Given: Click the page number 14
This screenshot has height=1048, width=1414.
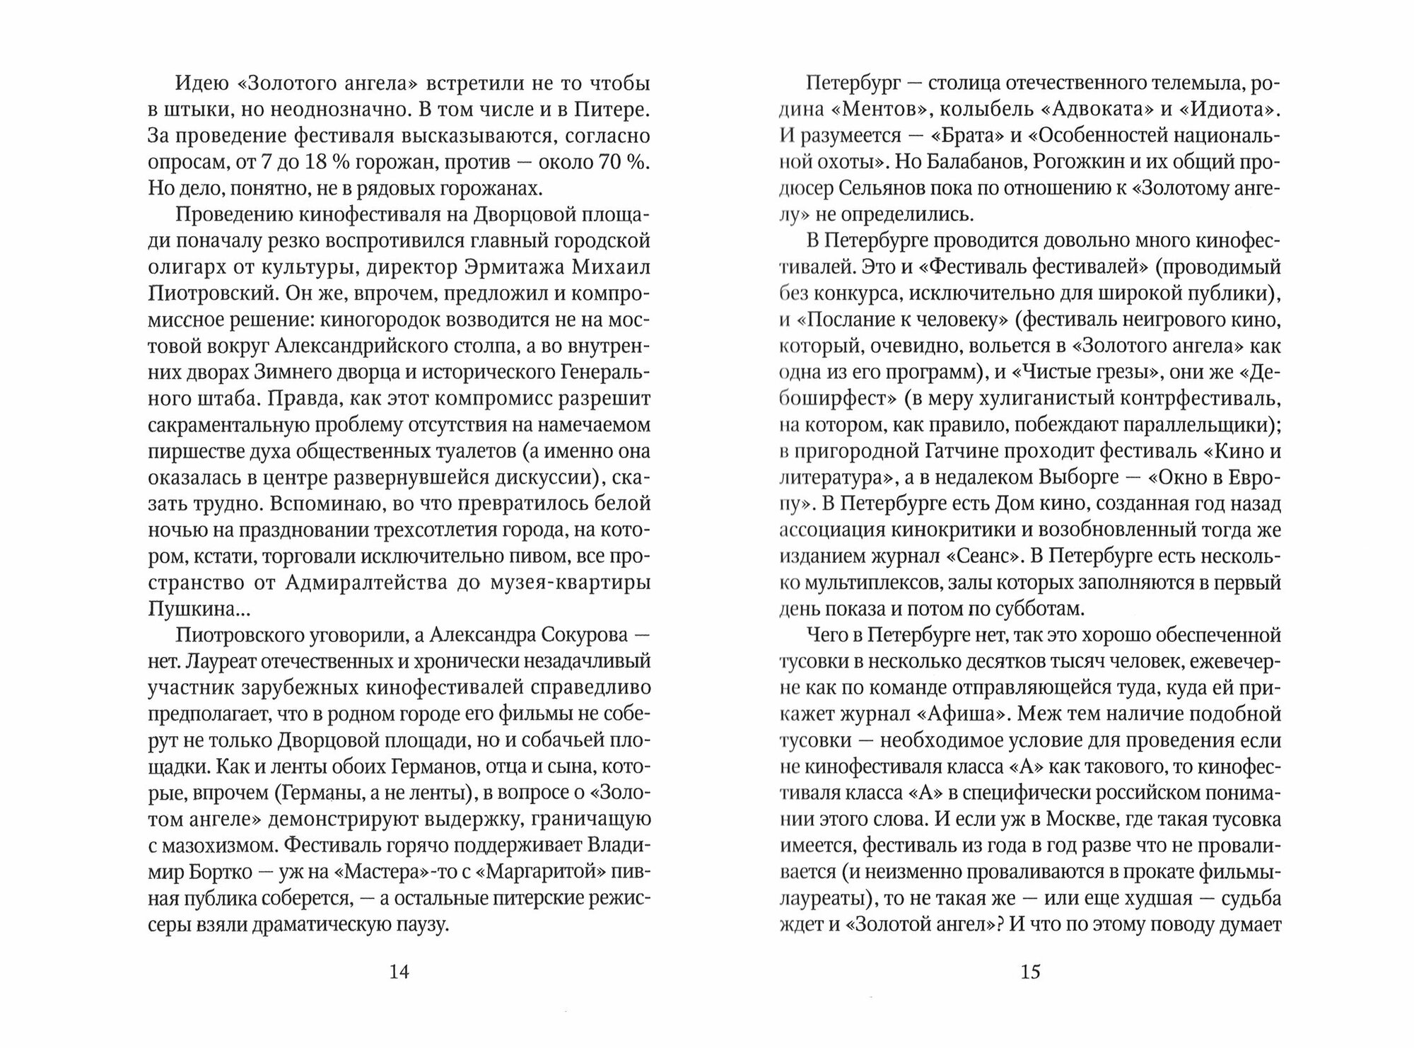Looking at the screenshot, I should click(x=399, y=972).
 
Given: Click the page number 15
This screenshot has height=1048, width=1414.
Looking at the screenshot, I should click(x=1030, y=972).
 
